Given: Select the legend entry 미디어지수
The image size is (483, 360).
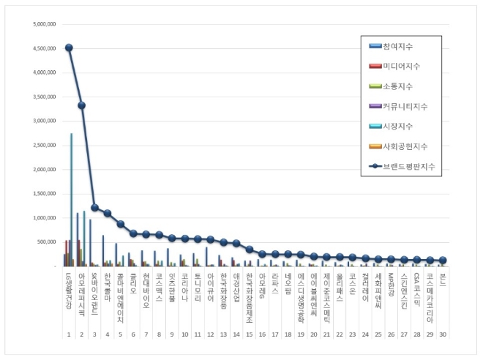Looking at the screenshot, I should [405, 66].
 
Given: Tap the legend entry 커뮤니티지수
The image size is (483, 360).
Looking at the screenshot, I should [410, 106].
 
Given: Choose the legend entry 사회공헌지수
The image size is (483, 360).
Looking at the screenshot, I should [410, 146].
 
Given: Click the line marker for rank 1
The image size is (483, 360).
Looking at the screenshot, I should [69, 48].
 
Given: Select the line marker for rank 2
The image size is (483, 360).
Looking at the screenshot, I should [81, 105].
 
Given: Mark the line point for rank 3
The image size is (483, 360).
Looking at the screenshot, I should [94, 208].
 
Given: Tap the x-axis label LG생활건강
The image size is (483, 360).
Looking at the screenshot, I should [69, 289].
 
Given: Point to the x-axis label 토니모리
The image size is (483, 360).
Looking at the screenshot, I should [197, 285].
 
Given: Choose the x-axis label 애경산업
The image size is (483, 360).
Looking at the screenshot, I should [236, 285].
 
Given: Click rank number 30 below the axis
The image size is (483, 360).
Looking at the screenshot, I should [442, 334].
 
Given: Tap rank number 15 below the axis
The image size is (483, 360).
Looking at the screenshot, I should [249, 334].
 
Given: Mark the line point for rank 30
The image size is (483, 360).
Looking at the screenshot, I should [442, 260].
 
